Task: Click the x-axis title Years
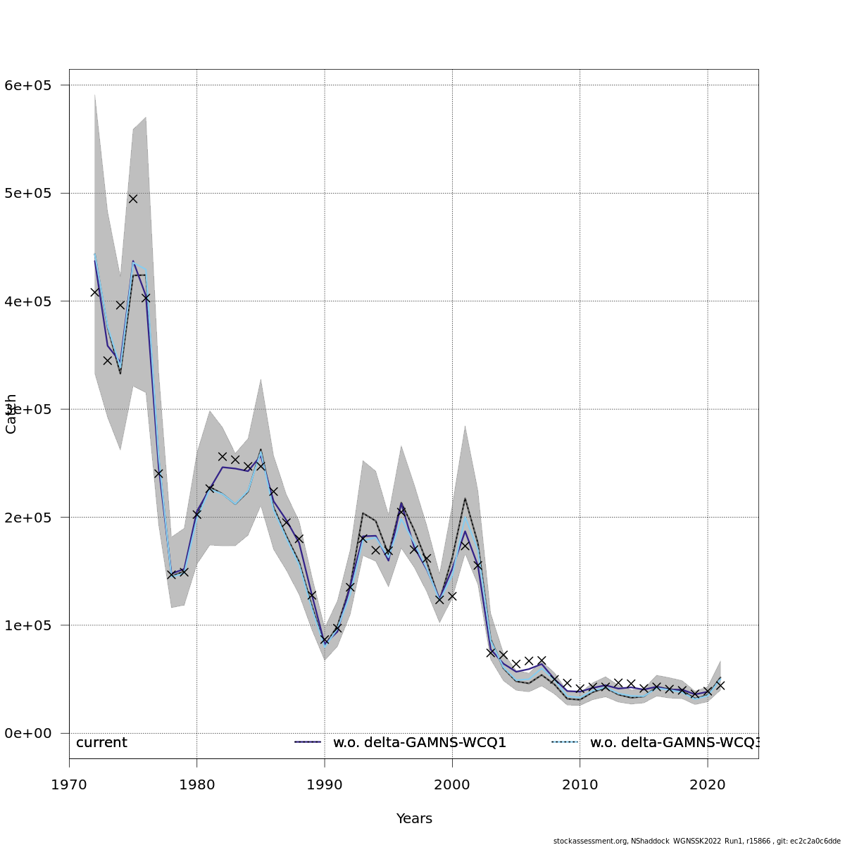414,819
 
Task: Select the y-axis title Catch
11,414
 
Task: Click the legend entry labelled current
101,743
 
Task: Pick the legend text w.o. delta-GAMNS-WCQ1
420,743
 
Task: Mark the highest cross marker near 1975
133,199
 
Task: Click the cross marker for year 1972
95,292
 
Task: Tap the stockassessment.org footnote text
696,841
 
